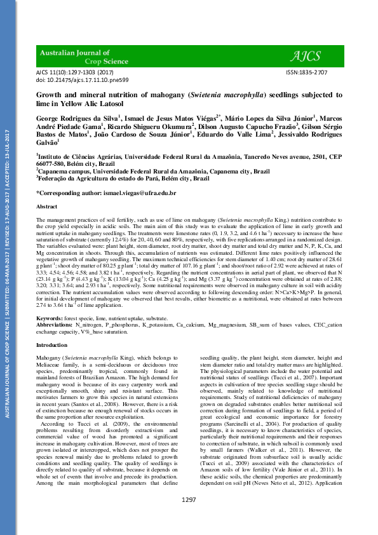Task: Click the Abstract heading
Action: coord(47,207)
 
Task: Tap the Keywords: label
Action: coord(49,317)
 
